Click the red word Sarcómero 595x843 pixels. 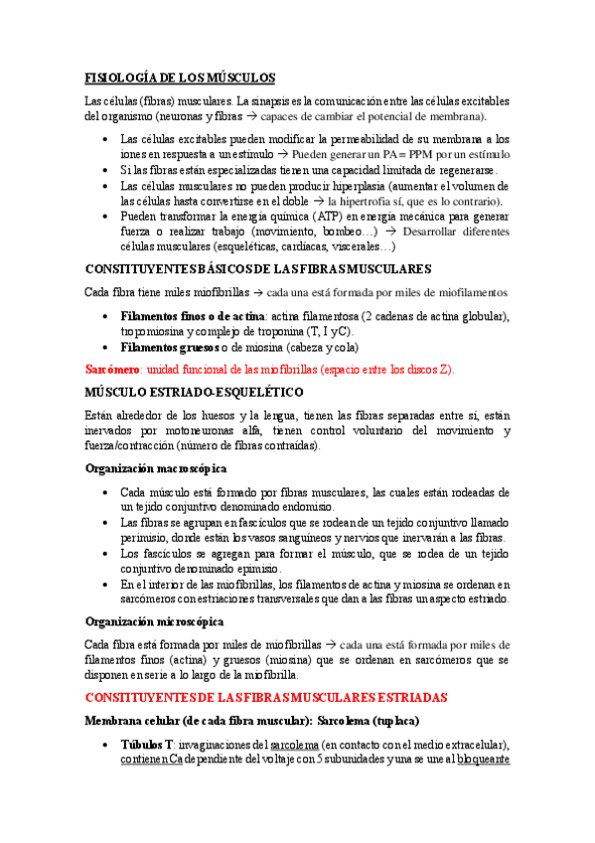[x=113, y=368]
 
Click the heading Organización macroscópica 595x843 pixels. [x=156, y=466]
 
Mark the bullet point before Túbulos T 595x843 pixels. [x=106, y=746]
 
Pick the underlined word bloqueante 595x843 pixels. [x=483, y=760]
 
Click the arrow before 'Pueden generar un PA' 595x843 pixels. [x=283, y=156]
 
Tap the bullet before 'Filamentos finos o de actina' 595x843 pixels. [x=106, y=316]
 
